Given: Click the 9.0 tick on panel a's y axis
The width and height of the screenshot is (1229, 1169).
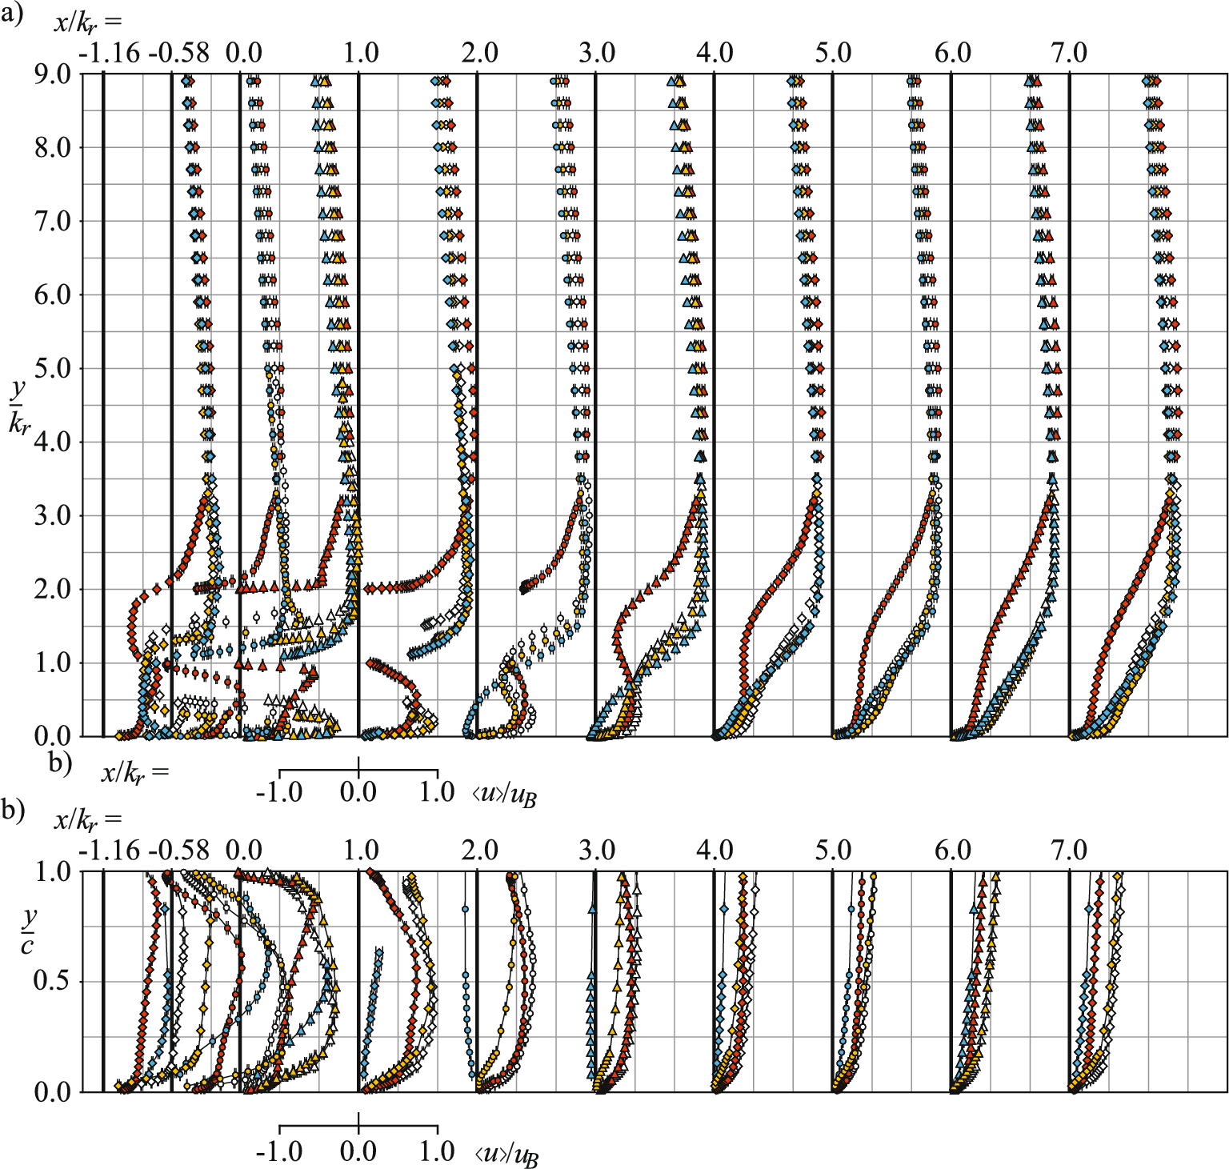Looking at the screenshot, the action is coord(52,74).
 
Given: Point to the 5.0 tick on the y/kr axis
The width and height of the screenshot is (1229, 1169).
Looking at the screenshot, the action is coord(52,369).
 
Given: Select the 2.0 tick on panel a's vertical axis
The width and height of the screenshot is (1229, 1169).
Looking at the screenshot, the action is coord(52,590).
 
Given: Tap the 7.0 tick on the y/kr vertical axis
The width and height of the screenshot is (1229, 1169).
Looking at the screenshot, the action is coord(52,222).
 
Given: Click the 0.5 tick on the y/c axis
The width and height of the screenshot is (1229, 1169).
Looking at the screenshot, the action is coord(52,981).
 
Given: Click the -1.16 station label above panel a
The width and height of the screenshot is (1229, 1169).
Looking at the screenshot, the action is coord(110,53).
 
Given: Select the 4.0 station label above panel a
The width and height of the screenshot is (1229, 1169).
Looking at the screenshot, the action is coord(715,53).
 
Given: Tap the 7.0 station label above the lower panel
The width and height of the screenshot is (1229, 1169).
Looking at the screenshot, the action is coord(1070,850).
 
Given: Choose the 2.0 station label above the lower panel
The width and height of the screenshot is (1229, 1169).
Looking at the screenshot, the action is coord(479,850).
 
